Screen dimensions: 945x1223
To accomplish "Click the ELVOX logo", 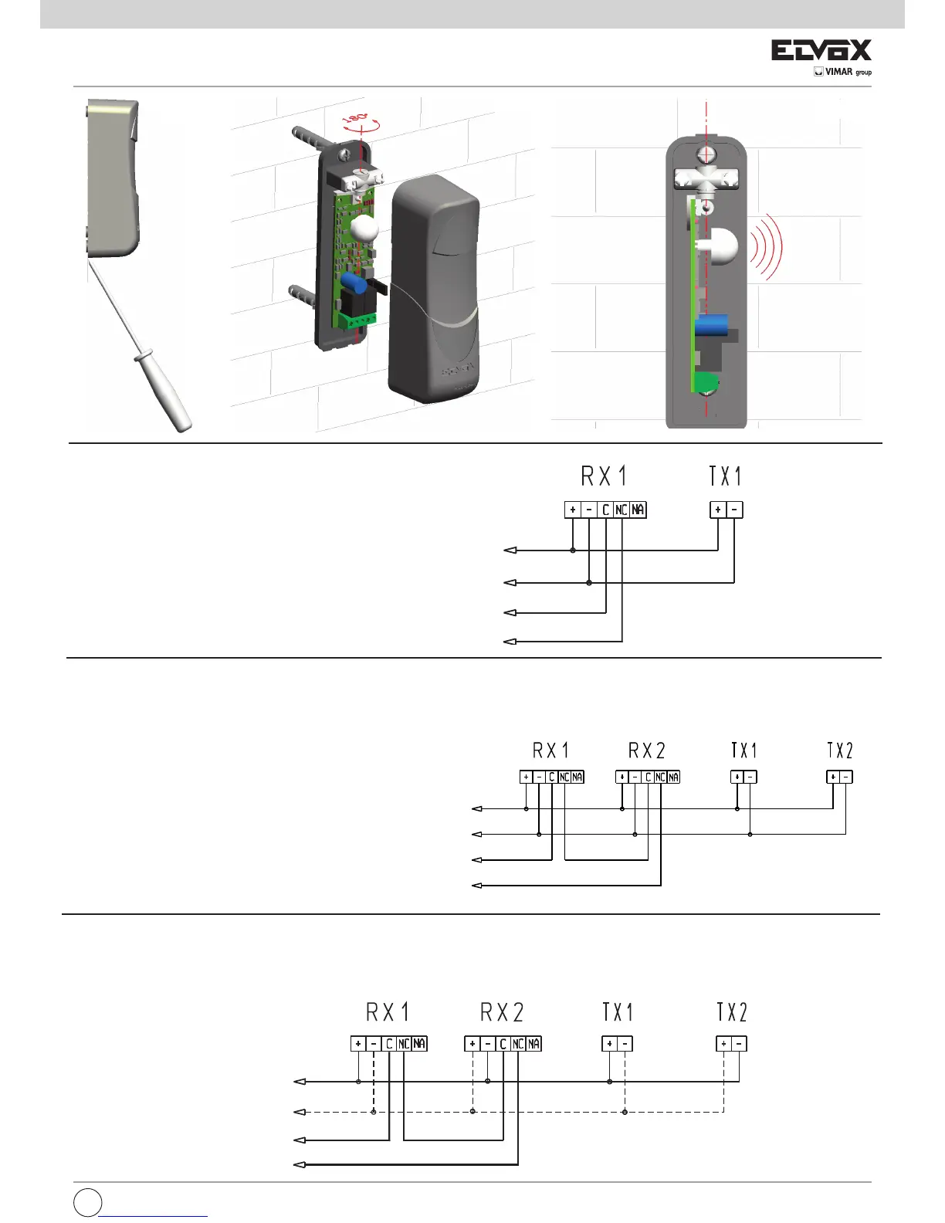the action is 821,51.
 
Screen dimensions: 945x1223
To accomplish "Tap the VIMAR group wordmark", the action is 842,72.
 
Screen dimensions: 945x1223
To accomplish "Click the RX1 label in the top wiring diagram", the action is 604,476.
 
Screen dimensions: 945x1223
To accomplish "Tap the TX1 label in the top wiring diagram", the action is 725,476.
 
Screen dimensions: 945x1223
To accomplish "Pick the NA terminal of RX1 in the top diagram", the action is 638,510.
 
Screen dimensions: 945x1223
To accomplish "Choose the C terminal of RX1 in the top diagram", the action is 605,510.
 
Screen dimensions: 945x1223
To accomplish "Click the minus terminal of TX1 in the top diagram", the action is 734,510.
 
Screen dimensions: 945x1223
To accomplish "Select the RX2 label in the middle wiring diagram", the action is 646,750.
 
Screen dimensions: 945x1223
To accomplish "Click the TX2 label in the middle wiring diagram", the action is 839,750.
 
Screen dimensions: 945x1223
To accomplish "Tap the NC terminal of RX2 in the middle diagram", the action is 660,777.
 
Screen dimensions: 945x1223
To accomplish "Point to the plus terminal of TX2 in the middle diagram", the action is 833,777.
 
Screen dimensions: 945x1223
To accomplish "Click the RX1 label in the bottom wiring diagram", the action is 388,1012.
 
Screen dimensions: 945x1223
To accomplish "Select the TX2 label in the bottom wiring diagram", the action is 731,1012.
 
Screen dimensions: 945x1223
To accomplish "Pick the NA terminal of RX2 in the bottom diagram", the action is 533,1044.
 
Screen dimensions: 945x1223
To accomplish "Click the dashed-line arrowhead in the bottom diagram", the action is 300,1112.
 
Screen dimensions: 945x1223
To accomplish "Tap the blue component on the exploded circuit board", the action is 354,282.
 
